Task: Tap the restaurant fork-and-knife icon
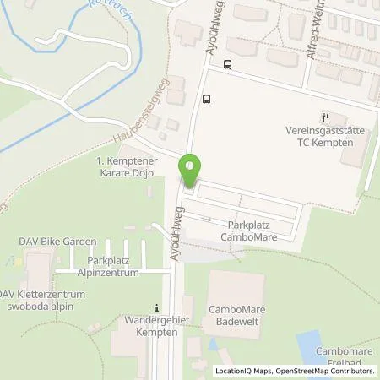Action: click(324, 117)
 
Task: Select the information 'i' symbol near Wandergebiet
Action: click(155, 307)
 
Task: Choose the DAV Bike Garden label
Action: click(53, 242)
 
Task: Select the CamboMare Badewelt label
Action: click(236, 315)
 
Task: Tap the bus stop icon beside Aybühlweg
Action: click(207, 98)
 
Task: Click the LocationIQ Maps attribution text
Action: click(244, 371)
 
